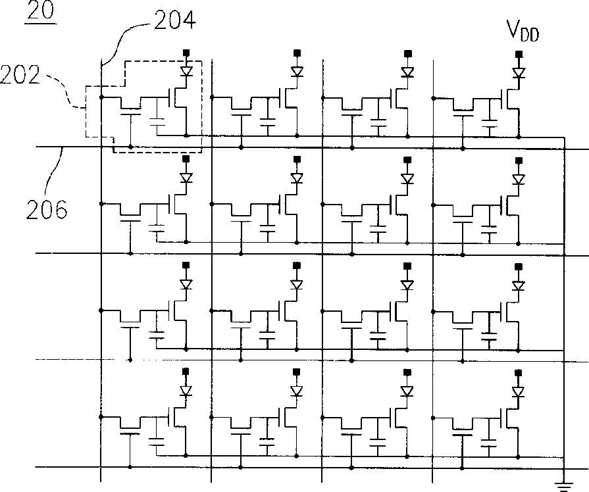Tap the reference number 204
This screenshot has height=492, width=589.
point(174,20)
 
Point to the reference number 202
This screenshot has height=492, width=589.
point(20,75)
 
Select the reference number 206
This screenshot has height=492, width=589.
point(47,210)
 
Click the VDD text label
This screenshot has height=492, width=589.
point(523,30)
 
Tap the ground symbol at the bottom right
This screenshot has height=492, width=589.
point(564,485)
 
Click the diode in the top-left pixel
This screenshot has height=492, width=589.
point(186,71)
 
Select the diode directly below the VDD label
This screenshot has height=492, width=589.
point(519,73)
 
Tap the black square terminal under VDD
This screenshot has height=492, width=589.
point(519,54)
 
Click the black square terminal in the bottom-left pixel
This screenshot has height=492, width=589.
point(185,371)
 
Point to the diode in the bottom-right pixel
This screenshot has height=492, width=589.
point(519,392)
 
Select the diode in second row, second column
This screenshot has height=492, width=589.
point(297,178)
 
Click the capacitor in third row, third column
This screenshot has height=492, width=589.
point(378,335)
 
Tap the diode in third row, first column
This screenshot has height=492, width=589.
point(186,284)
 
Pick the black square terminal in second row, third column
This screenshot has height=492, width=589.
point(407,160)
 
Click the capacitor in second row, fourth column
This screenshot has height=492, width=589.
point(489,229)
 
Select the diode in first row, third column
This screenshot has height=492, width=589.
point(407,72)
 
